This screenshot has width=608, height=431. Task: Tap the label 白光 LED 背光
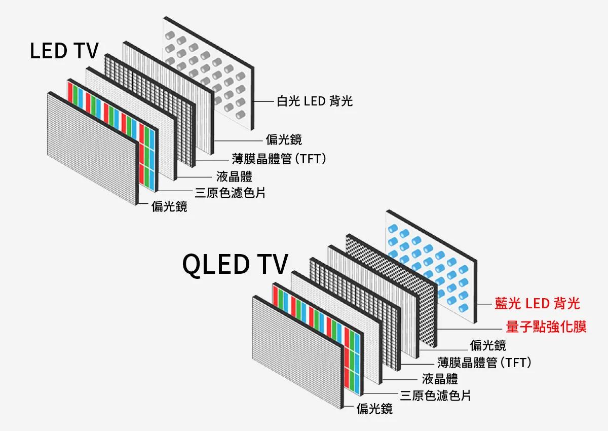pos(314,101)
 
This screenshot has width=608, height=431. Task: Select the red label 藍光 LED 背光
pos(537,304)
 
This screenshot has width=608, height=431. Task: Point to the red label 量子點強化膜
pos(546,327)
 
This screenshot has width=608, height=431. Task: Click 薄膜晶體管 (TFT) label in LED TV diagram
pos(278,159)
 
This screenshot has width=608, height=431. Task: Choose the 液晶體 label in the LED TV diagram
pos(234,176)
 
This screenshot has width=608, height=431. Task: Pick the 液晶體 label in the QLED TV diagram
pos(440,379)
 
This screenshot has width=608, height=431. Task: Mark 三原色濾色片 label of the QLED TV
pos(435,396)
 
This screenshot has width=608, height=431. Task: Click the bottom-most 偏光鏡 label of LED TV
pos(169,206)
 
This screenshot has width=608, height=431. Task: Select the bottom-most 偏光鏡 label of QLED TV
pos(374,409)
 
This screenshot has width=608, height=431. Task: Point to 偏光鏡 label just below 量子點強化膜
pos(488,346)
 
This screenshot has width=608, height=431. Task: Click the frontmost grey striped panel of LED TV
pos(91,147)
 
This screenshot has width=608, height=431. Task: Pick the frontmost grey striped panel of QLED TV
pos(296,350)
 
